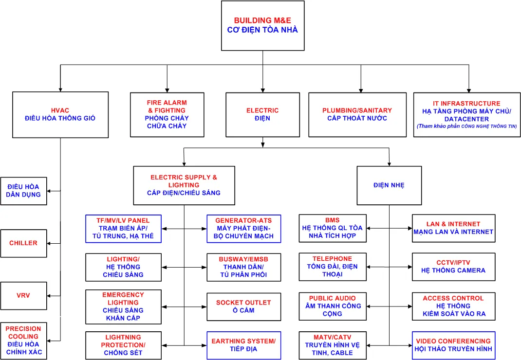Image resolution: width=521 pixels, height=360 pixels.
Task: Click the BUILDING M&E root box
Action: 262,26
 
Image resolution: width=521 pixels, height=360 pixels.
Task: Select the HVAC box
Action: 60,114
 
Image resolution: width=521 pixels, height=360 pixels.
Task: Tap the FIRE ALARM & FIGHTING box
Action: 167,114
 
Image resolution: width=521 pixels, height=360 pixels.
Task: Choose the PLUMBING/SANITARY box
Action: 357,114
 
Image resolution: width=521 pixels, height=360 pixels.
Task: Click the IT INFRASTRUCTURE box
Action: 466,114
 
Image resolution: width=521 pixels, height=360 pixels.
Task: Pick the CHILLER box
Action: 23,243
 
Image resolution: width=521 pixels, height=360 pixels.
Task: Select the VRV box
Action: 23,295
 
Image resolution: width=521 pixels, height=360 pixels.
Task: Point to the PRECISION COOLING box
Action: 23,340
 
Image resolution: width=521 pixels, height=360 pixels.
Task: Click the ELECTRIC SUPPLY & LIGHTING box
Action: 184,185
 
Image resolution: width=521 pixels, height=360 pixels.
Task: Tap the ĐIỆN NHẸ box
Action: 389,185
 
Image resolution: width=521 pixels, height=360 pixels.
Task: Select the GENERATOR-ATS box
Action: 243,228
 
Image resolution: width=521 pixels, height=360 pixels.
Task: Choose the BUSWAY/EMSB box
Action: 243,267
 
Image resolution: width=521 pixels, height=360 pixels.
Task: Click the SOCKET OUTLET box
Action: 243,306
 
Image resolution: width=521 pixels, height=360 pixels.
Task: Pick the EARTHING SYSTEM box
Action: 243,345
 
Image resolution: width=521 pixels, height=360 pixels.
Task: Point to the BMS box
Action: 333,228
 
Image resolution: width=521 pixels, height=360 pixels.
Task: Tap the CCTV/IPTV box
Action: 453,267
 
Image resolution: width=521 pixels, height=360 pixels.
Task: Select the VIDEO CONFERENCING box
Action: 453,345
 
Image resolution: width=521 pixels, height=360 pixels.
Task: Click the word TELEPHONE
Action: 332,259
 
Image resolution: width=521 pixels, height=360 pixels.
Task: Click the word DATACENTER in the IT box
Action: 466,119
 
